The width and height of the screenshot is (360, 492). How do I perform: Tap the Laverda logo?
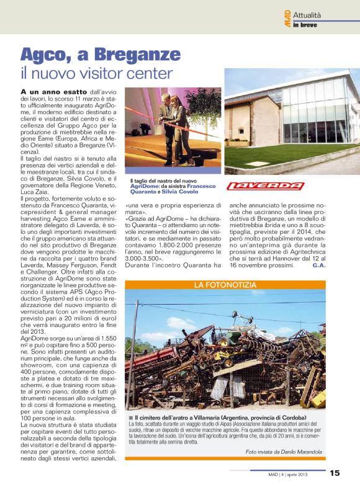[265, 186]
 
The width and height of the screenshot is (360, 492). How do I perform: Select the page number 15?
[335, 473]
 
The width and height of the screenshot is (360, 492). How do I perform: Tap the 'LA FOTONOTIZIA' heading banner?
[225, 285]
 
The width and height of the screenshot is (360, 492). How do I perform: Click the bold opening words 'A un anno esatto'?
[47, 91]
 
